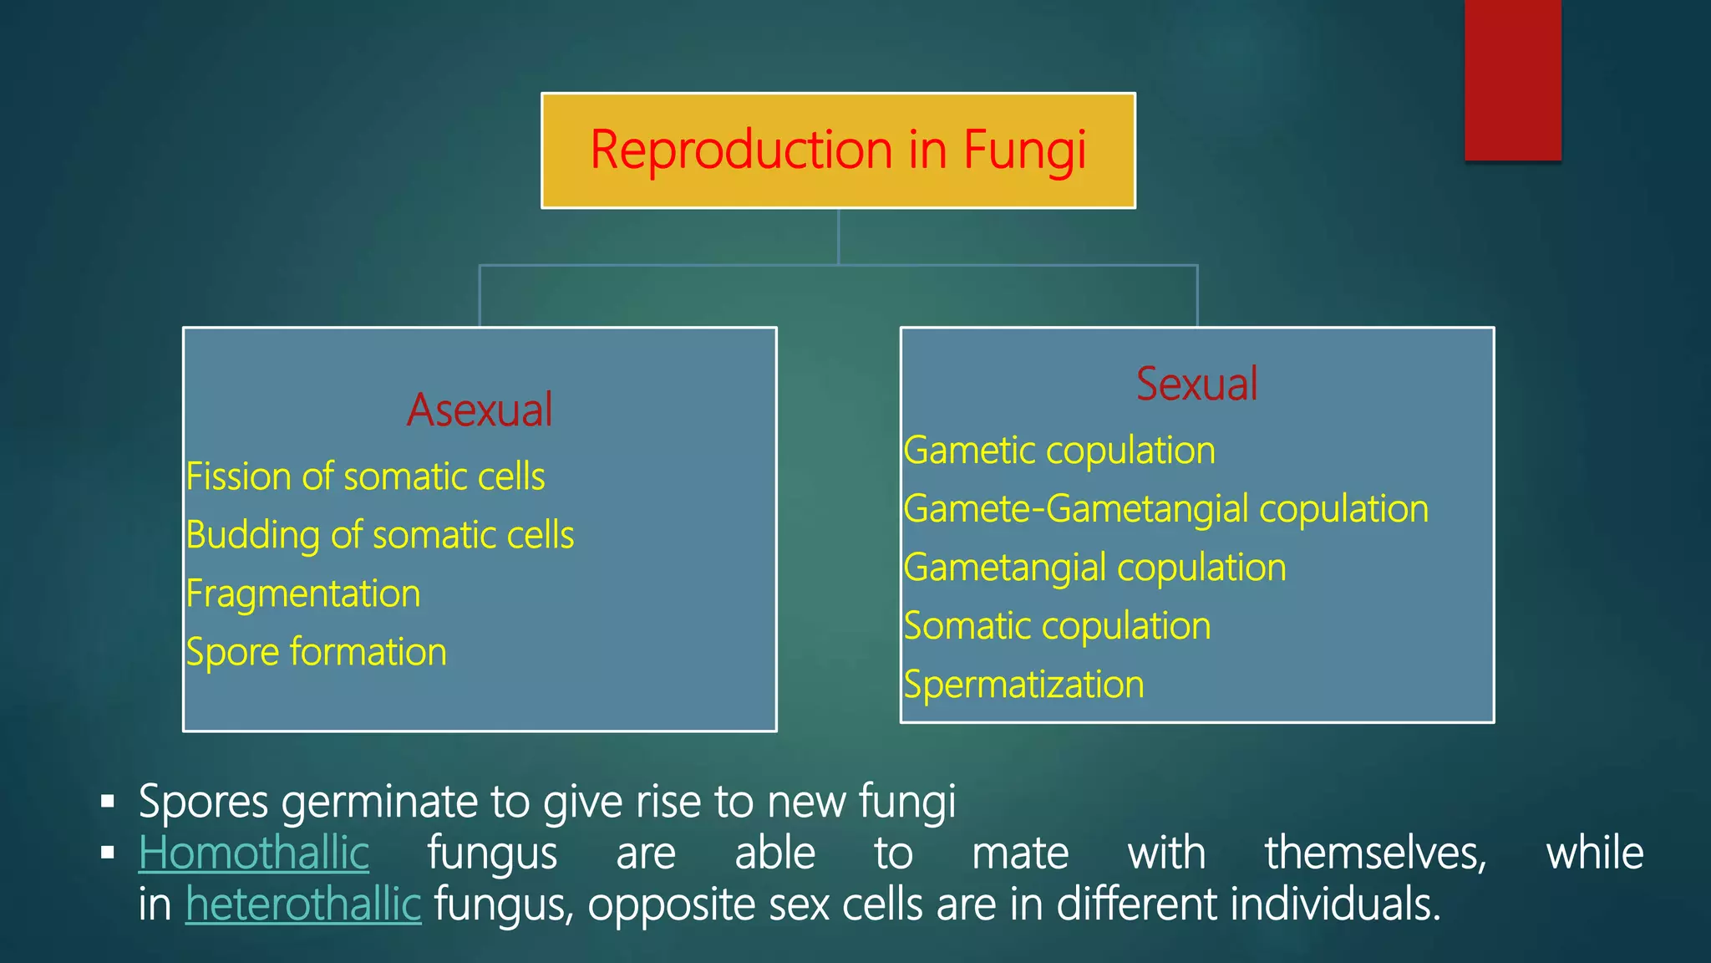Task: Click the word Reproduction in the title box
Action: [x=743, y=150]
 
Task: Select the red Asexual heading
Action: [x=480, y=410]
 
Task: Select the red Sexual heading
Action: [x=1196, y=385]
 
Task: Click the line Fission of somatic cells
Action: [x=365, y=476]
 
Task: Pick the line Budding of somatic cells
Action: [x=380, y=535]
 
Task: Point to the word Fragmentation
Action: [x=303, y=594]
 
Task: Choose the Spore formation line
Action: [x=317, y=652]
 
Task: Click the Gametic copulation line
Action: [x=1059, y=451]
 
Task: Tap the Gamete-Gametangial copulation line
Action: [x=1165, y=509]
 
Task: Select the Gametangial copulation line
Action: [x=1094, y=568]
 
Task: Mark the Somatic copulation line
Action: [x=1057, y=626]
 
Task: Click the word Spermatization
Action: [x=1023, y=685]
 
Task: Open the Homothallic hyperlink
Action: [x=254, y=853]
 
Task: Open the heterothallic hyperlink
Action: [x=303, y=904]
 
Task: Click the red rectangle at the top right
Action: [x=1512, y=79]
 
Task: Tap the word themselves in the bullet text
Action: [x=1375, y=853]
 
